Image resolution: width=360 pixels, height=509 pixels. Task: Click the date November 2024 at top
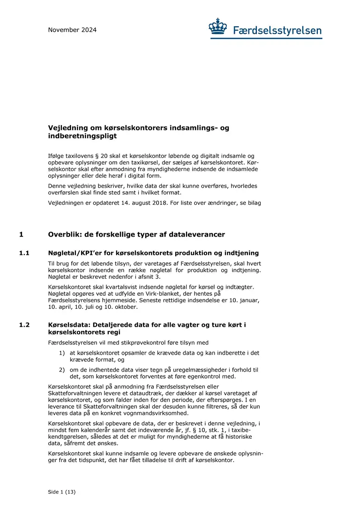(72, 30)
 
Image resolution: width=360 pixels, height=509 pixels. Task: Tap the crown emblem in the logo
(218, 27)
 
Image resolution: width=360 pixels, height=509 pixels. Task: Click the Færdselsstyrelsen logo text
(277, 31)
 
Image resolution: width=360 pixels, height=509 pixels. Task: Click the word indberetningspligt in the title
(82, 136)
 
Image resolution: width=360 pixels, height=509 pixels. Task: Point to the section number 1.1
(24, 253)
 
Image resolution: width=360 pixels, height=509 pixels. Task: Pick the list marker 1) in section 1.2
(62, 353)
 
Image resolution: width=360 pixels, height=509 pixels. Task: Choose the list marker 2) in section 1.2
(62, 370)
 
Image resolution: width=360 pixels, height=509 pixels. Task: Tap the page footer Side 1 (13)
(61, 492)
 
